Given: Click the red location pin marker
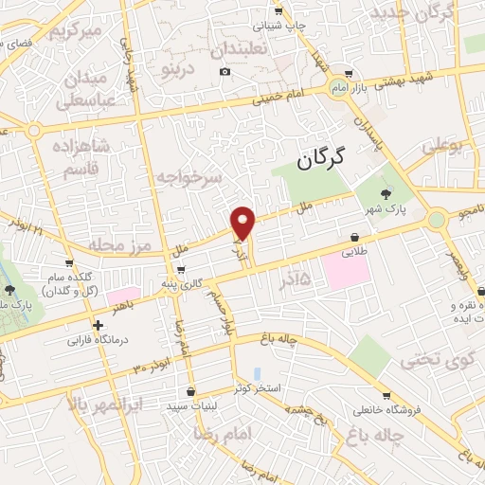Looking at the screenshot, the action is pyautogui.click(x=244, y=223).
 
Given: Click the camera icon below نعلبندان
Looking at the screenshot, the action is pyautogui.click(x=225, y=72).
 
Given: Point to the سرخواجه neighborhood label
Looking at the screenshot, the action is pyautogui.click(x=189, y=177).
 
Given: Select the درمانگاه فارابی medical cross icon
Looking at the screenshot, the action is pyautogui.click(x=99, y=325).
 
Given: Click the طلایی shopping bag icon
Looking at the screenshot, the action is pyautogui.click(x=354, y=237).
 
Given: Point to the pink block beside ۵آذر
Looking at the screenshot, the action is pyautogui.click(x=347, y=273).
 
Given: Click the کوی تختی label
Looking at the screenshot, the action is pyautogui.click(x=433, y=360).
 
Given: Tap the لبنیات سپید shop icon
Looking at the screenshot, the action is pyautogui.click(x=191, y=390).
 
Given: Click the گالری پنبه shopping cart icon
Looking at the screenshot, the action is pyautogui.click(x=181, y=269).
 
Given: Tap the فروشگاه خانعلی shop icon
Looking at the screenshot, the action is pyautogui.click(x=385, y=396).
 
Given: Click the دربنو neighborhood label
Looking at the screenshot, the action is pyautogui.click(x=181, y=68).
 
